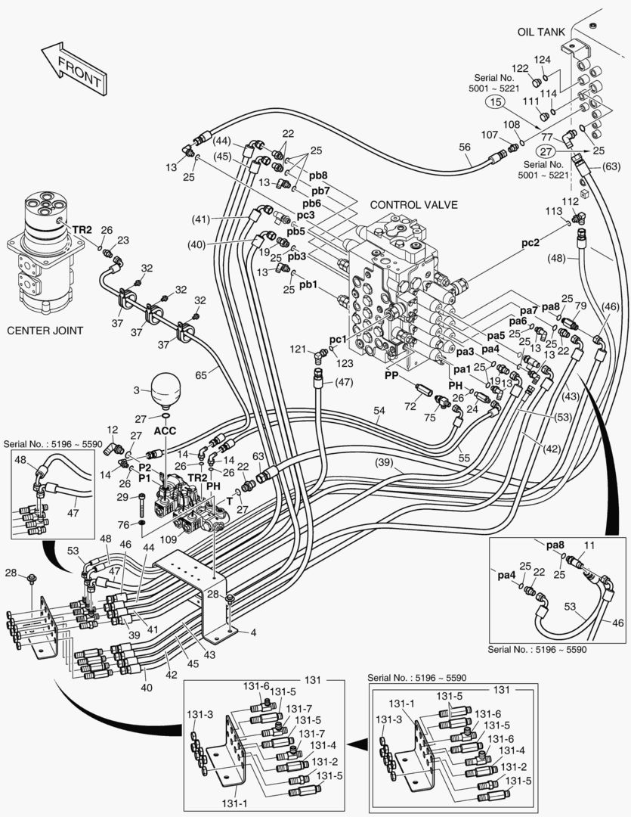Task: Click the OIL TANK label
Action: pos(547,32)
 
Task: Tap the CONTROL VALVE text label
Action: pos(413,205)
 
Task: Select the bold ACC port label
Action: pos(165,430)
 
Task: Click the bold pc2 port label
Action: pos(531,244)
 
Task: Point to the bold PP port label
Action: pos(391,374)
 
